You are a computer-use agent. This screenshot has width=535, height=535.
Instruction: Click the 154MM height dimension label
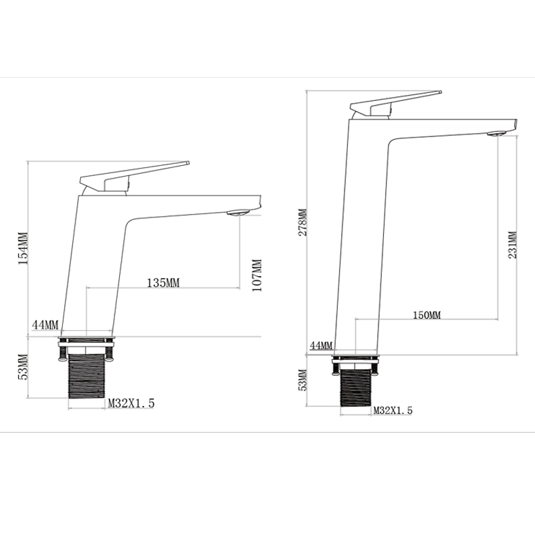tap(22, 247)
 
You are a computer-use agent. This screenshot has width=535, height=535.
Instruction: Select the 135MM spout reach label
tap(163, 282)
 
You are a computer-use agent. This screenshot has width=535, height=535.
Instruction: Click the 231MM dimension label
tap(512, 245)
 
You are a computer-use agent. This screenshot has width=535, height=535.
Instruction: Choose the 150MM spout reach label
tap(426, 314)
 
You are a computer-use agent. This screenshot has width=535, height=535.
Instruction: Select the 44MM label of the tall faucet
tap(321, 345)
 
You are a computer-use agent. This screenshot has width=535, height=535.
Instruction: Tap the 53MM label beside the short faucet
tap(22, 366)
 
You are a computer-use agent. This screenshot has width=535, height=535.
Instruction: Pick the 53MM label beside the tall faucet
tap(302, 379)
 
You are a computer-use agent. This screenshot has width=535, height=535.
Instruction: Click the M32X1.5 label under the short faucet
tap(132, 403)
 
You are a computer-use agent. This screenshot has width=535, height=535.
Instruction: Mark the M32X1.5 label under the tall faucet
tap(393, 410)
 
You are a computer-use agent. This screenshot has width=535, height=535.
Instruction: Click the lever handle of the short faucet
tap(134, 173)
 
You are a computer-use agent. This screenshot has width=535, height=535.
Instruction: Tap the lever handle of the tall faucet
tap(395, 101)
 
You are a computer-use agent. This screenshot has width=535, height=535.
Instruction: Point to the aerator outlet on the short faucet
tap(237, 213)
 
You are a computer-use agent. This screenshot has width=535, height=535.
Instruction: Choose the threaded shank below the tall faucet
tap(355, 388)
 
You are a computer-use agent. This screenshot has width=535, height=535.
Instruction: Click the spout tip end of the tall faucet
tap(514, 125)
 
